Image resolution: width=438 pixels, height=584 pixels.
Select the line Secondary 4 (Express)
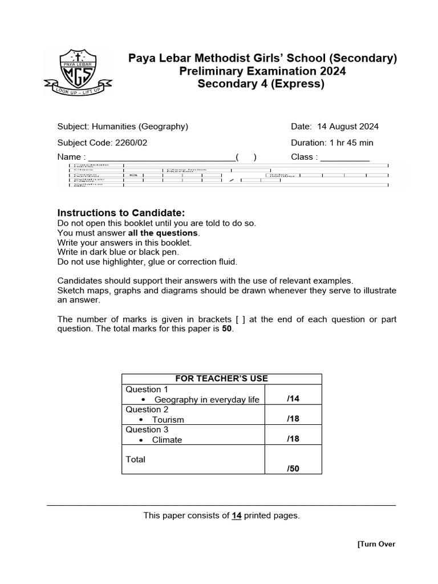pos(261,84)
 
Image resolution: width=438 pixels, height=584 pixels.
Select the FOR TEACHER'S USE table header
pos(222,379)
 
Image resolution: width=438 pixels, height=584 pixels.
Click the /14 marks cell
pos(293,399)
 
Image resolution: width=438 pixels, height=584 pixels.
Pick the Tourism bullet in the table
pos(168,420)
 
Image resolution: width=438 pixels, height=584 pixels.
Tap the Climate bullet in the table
pos(167,440)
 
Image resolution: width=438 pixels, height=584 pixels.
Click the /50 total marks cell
pos(293,468)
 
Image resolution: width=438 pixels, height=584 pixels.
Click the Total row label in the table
pos(136,459)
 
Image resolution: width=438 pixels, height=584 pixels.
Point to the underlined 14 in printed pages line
pos(236,516)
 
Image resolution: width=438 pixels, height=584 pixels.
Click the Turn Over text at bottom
pos(376,544)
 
